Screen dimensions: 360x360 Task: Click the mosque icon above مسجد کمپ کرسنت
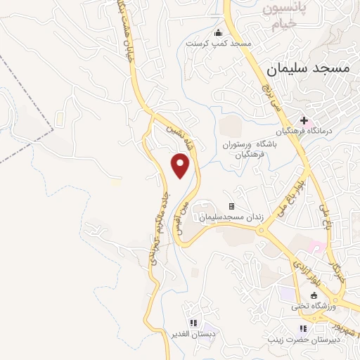pyautogui.click(x=218, y=32)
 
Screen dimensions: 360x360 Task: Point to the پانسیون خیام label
pyautogui.click(x=286, y=16)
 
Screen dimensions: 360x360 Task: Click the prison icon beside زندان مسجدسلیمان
pyautogui.click(x=231, y=207)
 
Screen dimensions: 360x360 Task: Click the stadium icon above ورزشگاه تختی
pyautogui.click(x=314, y=296)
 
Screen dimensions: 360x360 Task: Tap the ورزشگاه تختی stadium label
pyautogui.click(x=314, y=307)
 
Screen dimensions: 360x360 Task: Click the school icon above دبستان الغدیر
pyautogui.click(x=193, y=323)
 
